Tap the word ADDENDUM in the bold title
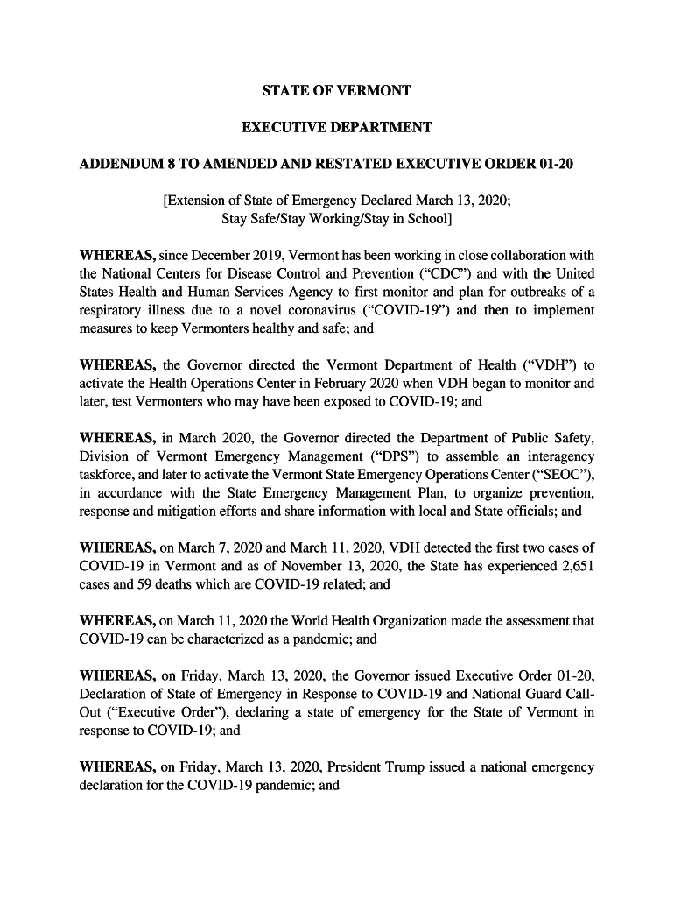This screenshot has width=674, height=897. (121, 165)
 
